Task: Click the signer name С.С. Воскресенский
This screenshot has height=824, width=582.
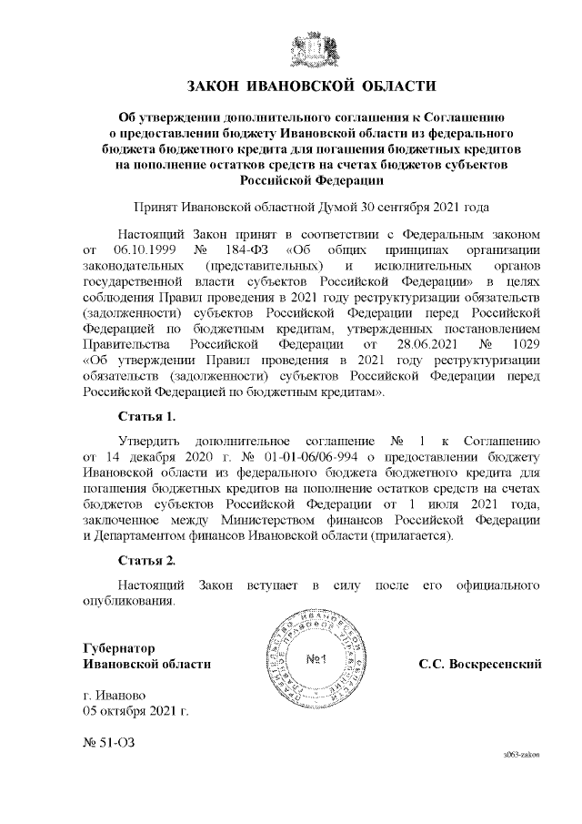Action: click(480, 665)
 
